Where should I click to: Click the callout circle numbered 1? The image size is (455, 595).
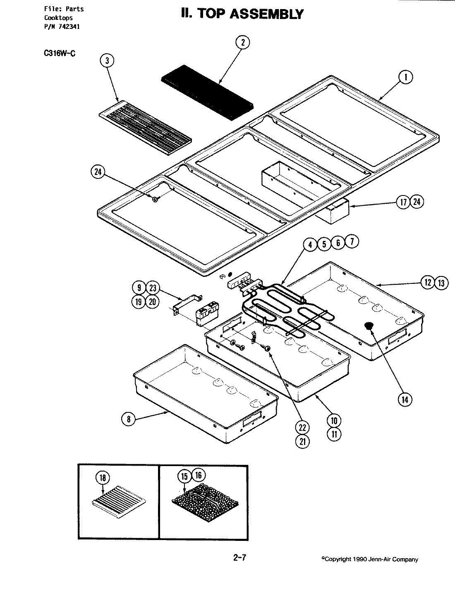(x=406, y=77)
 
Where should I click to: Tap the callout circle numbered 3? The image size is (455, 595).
(x=107, y=61)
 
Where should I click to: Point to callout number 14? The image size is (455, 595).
(x=405, y=399)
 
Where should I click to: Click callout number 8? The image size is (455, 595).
(x=128, y=419)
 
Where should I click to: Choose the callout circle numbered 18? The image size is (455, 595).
(x=103, y=478)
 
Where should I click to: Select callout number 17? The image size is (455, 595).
(x=404, y=202)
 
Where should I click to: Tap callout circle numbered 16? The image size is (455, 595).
(x=199, y=476)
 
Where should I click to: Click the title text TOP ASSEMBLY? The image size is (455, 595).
(x=242, y=14)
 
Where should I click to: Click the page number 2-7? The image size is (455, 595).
(x=240, y=558)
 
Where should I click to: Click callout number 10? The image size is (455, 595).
(x=334, y=421)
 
